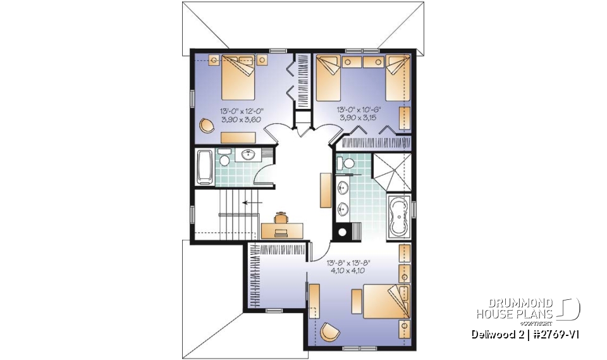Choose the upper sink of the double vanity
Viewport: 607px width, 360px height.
pos(344,187)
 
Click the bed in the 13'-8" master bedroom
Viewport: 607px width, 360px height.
pos(380,303)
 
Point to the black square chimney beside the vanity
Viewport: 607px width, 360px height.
pos(343,232)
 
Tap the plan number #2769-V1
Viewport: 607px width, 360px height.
pos(556,334)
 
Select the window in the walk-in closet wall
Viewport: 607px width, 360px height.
pos(274,310)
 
